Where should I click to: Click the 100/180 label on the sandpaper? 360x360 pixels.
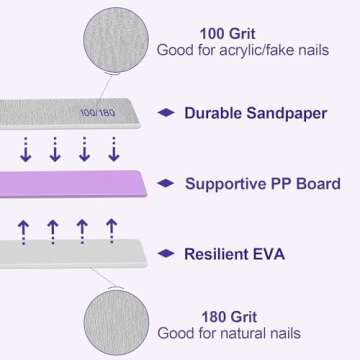click(x=97, y=112)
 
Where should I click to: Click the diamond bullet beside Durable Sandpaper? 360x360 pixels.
click(x=167, y=112)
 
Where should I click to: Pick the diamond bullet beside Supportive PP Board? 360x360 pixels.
click(x=167, y=183)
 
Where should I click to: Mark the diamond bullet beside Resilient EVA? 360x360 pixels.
click(x=167, y=254)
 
